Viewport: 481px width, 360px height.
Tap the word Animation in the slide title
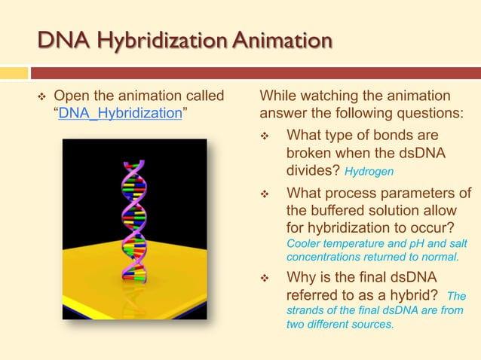coord(280,41)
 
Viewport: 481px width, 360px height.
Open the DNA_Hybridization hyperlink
coord(120,113)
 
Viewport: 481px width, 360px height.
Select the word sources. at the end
coord(373,325)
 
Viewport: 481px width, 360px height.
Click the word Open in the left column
coord(70,96)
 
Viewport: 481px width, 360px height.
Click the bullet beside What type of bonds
coord(265,136)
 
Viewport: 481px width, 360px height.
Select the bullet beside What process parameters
coord(265,194)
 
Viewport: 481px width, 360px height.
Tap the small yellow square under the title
coord(13,73)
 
